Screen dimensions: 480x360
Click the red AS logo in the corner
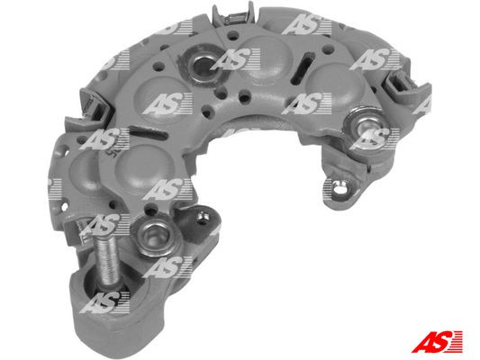pyautogui.click(x=438, y=341)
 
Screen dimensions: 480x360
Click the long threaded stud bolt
pyautogui.click(x=107, y=263)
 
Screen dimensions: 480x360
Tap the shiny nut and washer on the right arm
pyautogui.click(x=365, y=127)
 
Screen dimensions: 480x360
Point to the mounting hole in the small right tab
pyautogui.click(x=339, y=188)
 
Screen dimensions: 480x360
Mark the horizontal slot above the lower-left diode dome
pyautogui.click(x=148, y=134)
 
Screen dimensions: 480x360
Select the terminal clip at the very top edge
pyautogui.click(x=235, y=16)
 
